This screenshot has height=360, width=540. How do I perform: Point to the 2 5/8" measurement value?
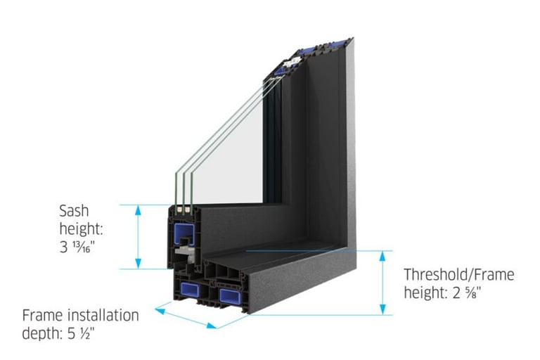[x=467, y=292]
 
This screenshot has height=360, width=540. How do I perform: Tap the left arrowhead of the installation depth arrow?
[x=159, y=307]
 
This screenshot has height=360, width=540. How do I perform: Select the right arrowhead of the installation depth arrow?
[x=213, y=325]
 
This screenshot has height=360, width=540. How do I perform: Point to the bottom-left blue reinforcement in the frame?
[x=188, y=288]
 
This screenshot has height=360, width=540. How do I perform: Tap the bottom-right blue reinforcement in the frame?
[x=229, y=293]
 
